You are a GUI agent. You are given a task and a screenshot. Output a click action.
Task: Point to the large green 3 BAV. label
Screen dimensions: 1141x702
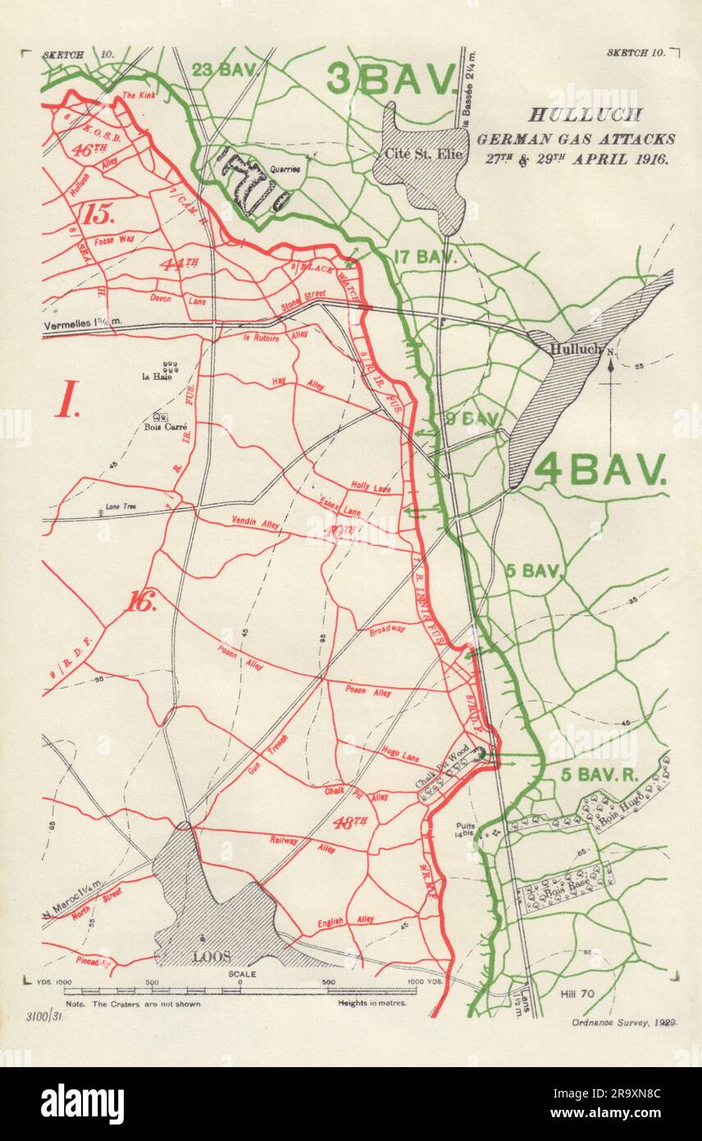coord(391,80)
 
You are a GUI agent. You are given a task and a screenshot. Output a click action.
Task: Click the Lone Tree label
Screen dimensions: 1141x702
coord(118,507)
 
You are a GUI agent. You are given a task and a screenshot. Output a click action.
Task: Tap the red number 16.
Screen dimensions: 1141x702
coord(141,602)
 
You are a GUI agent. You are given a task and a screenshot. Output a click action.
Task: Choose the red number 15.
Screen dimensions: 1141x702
coord(96,215)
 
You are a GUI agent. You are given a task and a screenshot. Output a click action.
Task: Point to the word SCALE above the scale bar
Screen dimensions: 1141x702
coord(244,974)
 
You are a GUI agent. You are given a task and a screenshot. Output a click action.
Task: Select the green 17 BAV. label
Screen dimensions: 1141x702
coord(424,256)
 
